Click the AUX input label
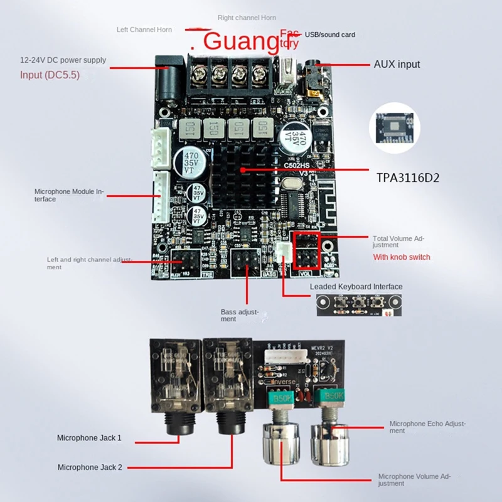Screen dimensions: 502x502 pos(397,64)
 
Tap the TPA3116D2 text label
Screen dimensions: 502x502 pos(409,178)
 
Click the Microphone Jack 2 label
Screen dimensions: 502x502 pos(90,467)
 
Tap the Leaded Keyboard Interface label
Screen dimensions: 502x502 pos(356,287)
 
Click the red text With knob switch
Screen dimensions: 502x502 pos(401,257)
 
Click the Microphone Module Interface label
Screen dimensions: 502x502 pos(67,195)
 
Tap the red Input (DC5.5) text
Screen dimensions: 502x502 pos(50,75)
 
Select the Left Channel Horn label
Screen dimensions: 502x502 pos(148,29)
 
